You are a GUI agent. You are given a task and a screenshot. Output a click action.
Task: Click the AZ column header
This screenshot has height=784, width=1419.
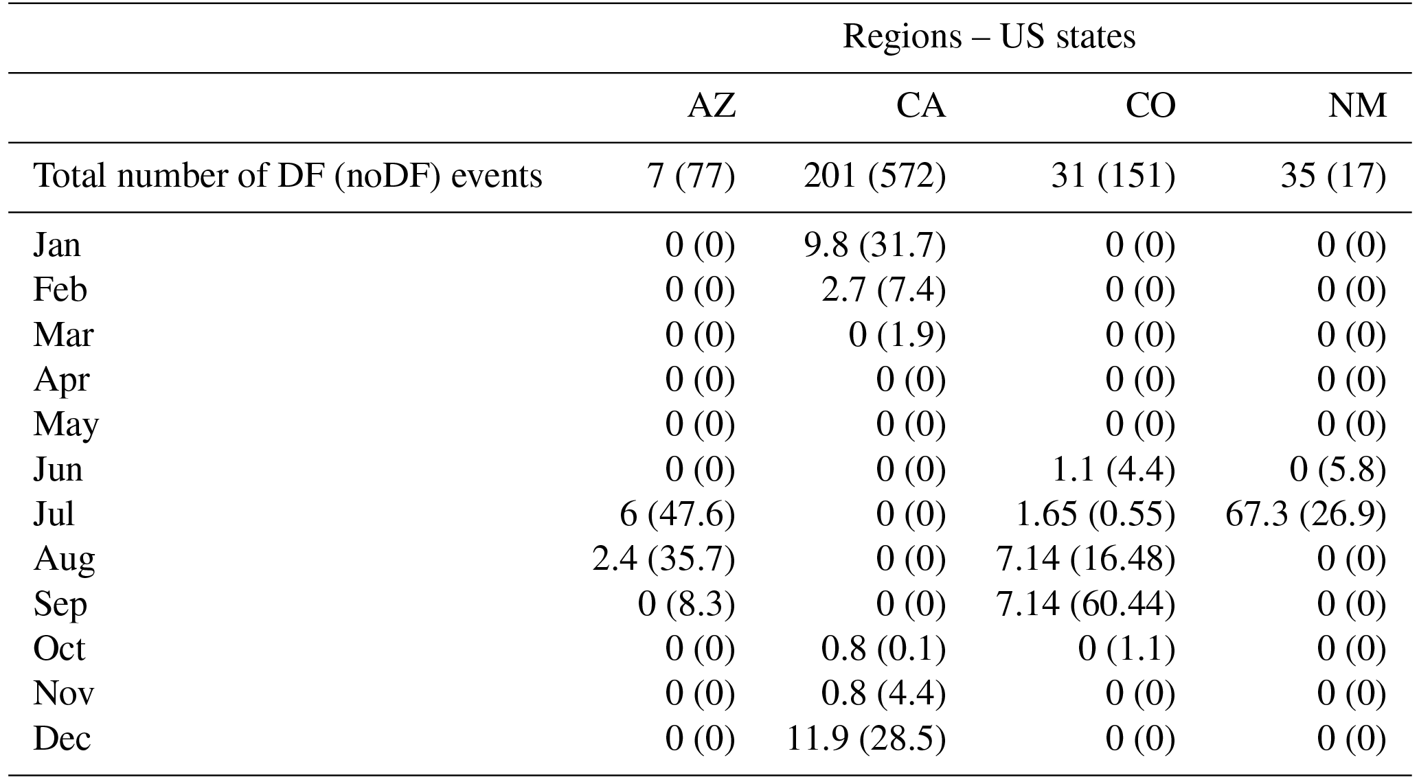[x=712, y=106]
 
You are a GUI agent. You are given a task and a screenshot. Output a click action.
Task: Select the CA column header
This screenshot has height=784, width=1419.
[x=920, y=106]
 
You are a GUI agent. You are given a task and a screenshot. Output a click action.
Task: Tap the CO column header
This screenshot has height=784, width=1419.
[x=1150, y=106]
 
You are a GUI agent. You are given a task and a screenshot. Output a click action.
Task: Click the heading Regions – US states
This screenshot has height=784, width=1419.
[x=988, y=36]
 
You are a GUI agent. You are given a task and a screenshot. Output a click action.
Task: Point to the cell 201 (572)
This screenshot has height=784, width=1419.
[x=874, y=176]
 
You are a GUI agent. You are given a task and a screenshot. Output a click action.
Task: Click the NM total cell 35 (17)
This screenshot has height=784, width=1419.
[x=1333, y=176]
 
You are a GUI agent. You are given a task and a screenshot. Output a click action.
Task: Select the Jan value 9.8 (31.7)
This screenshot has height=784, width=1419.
[x=874, y=245]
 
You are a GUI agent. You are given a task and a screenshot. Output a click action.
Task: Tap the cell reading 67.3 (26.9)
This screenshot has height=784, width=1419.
[x=1306, y=514]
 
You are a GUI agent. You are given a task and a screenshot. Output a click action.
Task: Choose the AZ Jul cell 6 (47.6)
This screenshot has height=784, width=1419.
[x=677, y=514]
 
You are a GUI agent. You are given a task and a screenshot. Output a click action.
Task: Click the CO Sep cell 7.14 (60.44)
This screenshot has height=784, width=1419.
[x=1085, y=604]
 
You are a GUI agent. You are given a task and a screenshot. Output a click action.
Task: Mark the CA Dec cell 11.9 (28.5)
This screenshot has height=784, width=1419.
[x=865, y=739]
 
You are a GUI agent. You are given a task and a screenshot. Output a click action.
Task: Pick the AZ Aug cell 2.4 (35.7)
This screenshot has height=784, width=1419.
[x=663, y=560]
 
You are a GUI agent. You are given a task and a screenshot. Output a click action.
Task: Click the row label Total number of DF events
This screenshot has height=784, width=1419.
[x=288, y=176]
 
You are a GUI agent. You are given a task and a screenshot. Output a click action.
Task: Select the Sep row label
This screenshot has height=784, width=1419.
[x=60, y=604]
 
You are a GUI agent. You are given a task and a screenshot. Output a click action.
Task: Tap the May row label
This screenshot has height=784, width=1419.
[x=66, y=425]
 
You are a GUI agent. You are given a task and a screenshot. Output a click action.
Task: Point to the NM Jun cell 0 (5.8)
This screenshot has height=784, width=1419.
[x=1337, y=470]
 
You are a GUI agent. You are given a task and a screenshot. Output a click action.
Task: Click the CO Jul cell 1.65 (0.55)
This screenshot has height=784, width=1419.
[x=1095, y=514]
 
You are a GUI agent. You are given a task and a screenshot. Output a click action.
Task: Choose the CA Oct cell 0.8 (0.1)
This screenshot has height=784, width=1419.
[x=883, y=649]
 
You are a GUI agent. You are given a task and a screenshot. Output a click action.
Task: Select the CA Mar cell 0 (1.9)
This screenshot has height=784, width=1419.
[x=897, y=335]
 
